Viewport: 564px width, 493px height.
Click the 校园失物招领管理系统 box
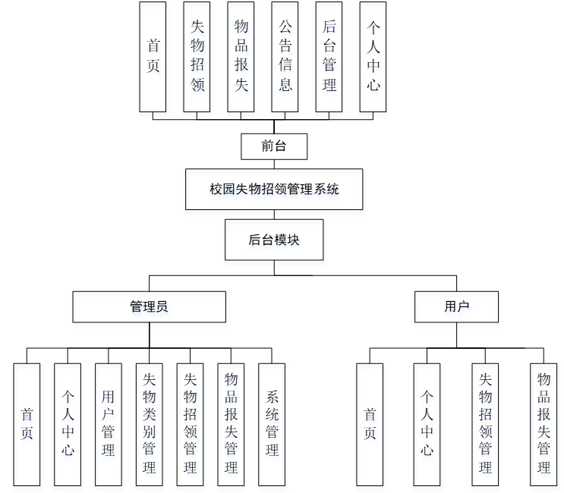pos(274,189)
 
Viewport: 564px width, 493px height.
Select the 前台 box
pos(274,146)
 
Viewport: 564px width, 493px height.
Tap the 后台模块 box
pos(274,240)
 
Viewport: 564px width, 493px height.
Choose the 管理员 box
pos(149,306)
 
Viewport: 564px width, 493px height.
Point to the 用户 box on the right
pos(456,306)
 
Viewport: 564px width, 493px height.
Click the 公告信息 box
pos(285,57)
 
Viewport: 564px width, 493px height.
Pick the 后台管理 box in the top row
pos(329,57)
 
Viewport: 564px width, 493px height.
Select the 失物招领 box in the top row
pos(197,57)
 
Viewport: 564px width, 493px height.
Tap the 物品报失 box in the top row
pos(241,57)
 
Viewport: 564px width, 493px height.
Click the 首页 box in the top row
pos(153,57)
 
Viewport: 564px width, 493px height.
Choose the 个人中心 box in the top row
pos(373,57)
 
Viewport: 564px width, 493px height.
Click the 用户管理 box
pos(109,424)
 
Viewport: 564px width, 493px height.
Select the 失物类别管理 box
pos(150,424)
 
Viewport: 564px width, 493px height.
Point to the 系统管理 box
pos(272,424)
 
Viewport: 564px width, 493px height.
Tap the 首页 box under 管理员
pos(27,424)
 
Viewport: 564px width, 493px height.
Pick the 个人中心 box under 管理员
pos(68,424)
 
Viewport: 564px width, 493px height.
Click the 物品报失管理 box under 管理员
pos(231,424)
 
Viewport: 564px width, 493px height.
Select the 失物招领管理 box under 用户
pos(485,424)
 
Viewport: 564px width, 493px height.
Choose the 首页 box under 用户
pos(370,424)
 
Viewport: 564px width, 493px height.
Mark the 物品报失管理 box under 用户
pos(544,424)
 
